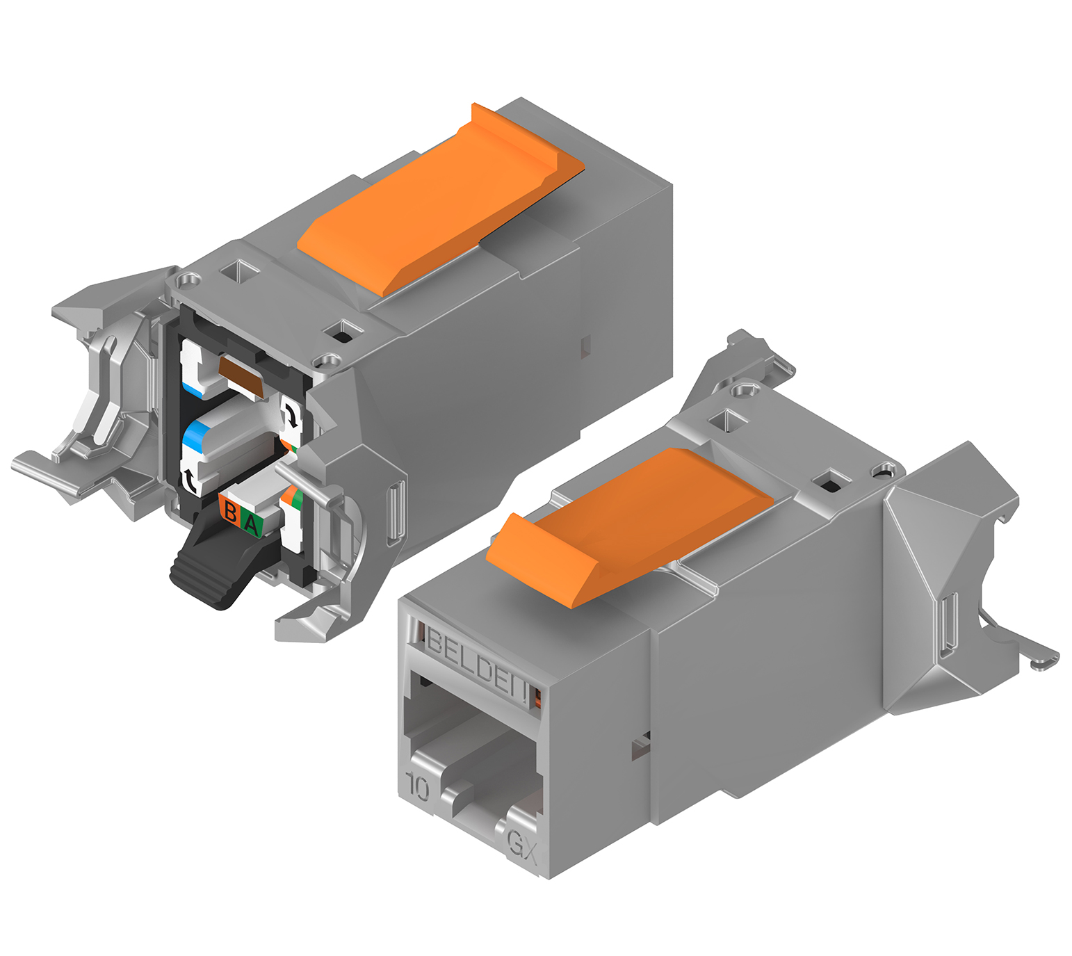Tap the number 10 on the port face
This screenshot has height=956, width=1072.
click(417, 786)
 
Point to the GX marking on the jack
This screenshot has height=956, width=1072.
click(522, 843)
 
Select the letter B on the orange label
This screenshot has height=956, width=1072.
click(230, 512)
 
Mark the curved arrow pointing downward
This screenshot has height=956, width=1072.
click(291, 415)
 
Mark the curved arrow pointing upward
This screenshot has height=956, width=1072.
click(190, 480)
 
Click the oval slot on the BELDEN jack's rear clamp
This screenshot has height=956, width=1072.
click(949, 625)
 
